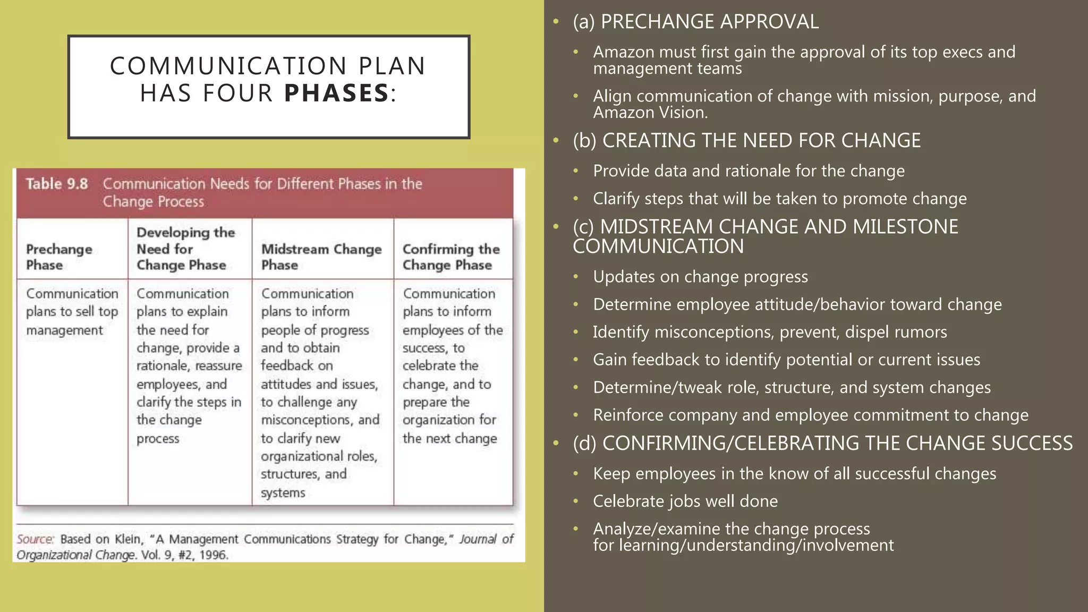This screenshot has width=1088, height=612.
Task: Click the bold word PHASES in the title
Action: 336,93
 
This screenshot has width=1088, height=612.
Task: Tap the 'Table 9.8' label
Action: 57,184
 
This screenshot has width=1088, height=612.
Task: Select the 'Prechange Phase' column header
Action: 59,257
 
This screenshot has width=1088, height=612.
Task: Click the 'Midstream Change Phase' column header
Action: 321,257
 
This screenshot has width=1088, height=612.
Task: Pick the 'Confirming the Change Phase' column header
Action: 451,257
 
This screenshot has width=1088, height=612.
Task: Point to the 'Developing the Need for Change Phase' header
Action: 185,249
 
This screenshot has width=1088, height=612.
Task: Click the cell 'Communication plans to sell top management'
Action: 72,312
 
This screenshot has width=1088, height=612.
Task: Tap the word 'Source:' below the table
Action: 35,539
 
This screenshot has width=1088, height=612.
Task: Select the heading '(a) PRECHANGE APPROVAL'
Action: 695,22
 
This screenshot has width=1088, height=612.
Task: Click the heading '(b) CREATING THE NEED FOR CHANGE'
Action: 746,141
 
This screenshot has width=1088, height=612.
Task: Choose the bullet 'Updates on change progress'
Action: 700,277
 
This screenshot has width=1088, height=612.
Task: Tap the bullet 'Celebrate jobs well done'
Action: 685,501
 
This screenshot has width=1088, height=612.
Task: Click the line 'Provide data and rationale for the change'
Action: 749,171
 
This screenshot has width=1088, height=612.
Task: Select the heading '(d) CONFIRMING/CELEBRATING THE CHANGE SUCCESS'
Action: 822,443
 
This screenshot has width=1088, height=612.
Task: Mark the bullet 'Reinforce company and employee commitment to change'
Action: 811,415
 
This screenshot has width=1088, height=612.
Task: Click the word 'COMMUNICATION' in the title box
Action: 228,66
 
